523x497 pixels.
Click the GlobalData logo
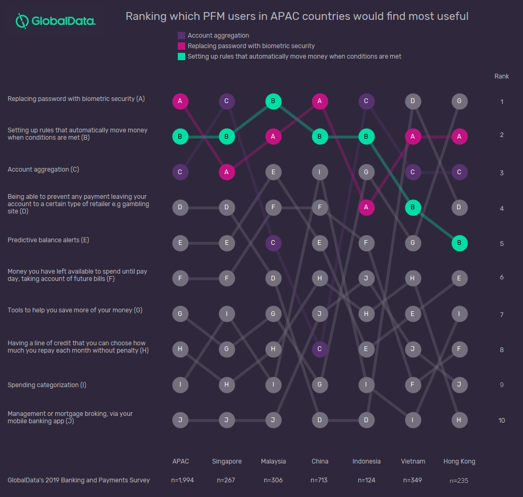55,21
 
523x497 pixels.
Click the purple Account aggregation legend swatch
181,36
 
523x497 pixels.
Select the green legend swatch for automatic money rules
181,57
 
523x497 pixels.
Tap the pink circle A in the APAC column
180,101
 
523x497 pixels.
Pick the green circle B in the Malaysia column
273,101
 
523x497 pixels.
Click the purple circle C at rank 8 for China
320,349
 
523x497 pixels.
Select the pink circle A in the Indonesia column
366,207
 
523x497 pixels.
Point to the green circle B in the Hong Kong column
459,243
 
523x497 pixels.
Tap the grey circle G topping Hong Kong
459,101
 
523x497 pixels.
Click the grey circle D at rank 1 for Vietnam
413,101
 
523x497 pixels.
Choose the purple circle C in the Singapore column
226,101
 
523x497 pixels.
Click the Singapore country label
227,461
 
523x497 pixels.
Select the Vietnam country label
413,461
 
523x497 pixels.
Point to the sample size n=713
319,480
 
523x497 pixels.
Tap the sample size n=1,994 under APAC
183,480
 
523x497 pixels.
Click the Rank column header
502,76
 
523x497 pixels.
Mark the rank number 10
502,420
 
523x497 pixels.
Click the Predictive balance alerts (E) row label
48,240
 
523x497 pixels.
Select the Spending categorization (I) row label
47,385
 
